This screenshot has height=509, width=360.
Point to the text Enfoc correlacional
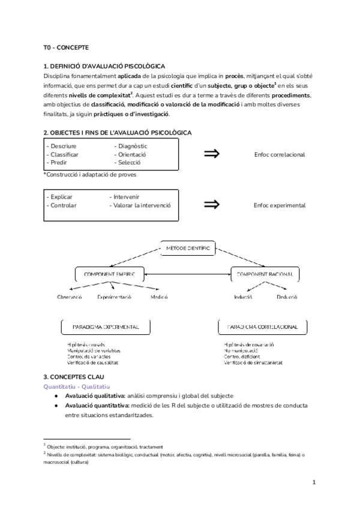[279, 154]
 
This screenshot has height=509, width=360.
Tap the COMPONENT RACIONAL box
[264, 274]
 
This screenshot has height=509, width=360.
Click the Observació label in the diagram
[70, 297]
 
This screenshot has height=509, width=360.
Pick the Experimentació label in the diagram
[114, 297]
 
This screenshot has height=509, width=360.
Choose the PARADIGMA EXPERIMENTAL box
[106, 327]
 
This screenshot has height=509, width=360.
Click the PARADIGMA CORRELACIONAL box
[263, 327]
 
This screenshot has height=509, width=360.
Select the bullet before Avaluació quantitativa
[56, 406]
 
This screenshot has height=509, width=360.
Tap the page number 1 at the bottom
[314, 482]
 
